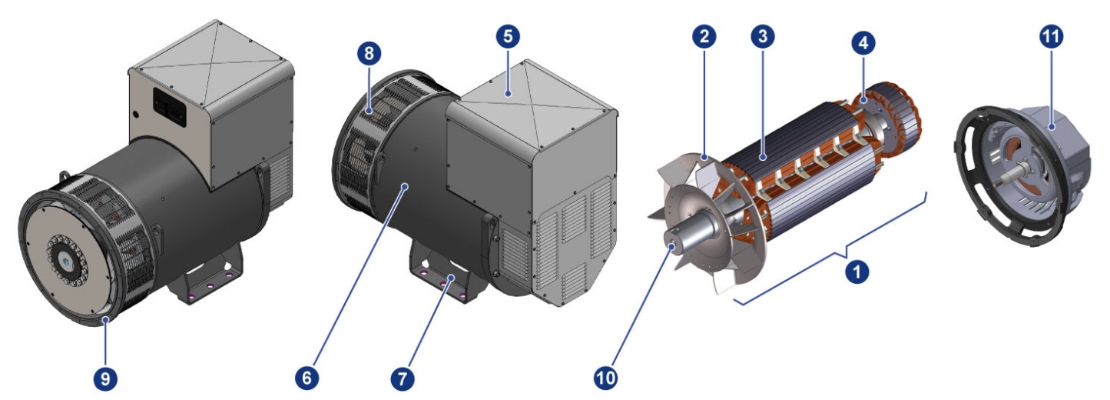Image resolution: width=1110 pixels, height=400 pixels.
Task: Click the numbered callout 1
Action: (x=857, y=272)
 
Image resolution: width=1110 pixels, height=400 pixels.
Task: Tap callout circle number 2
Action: (x=704, y=36)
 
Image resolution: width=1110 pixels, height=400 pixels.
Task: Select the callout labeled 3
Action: (x=763, y=36)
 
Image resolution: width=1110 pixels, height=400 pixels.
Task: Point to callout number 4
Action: (x=863, y=42)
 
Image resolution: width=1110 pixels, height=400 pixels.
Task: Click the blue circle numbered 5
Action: (x=508, y=36)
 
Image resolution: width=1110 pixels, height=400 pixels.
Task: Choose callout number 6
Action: (x=306, y=378)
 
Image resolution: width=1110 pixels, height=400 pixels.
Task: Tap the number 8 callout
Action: (x=369, y=53)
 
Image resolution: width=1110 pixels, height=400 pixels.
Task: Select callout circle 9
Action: (x=105, y=380)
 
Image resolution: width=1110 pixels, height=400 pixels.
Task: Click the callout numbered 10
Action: (x=605, y=378)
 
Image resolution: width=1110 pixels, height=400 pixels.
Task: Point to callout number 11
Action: (x=1051, y=36)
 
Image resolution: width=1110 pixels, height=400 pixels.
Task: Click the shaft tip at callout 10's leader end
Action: (x=672, y=245)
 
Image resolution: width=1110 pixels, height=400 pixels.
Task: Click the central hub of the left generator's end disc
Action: (x=66, y=260)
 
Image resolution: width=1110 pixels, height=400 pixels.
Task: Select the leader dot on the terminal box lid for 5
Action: (x=508, y=92)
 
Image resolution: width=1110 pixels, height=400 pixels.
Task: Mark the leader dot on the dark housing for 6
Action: (x=406, y=187)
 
